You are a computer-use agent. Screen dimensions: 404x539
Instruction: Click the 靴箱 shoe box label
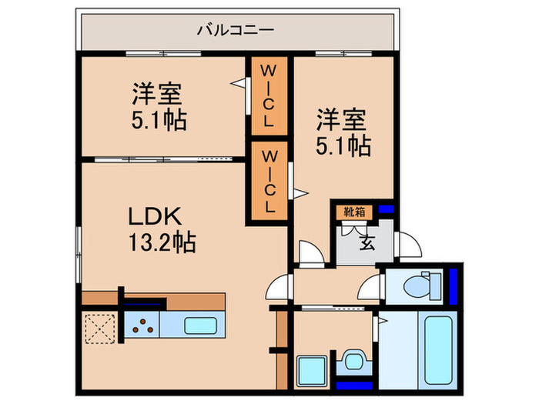click(x=354, y=210)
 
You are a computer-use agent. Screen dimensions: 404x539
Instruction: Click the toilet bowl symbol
click(x=420, y=285)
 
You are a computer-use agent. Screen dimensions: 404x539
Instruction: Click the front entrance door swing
click(x=410, y=241)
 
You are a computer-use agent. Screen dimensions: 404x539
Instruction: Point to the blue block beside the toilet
click(x=454, y=284)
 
